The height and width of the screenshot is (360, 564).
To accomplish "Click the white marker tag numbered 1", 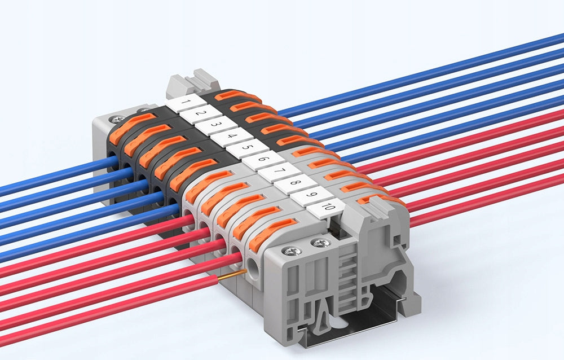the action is (186, 103).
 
